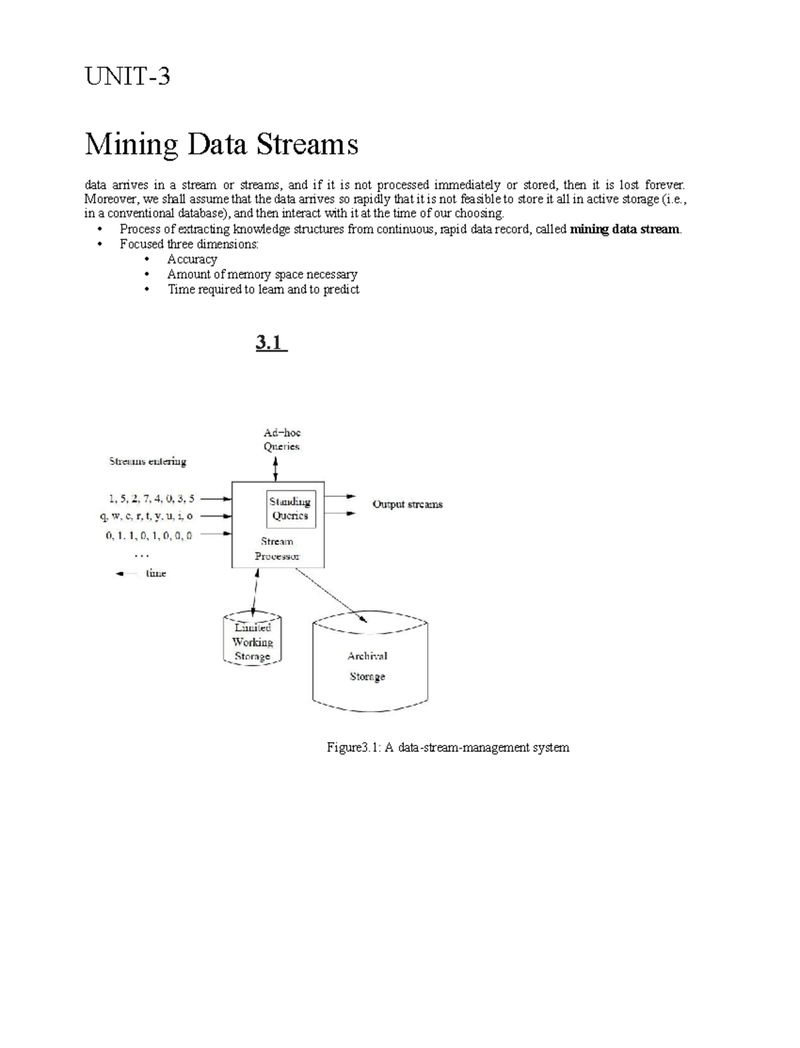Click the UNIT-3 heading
[127, 77]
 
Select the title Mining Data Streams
[221, 144]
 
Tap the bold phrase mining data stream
[625, 229]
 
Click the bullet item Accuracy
[192, 259]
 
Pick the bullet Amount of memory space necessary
[262, 274]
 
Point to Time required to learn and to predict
[263, 289]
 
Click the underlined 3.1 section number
[271, 343]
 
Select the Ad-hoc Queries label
[281, 440]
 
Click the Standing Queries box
[290, 508]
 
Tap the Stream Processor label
[277, 549]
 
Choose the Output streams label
[407, 504]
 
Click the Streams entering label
[147, 461]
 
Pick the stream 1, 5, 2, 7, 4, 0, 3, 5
[151, 498]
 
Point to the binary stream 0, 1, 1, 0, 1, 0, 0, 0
[149, 534]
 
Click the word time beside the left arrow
[156, 573]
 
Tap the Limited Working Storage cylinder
[252, 642]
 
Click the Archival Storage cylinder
[369, 666]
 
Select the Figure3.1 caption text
[447, 748]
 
